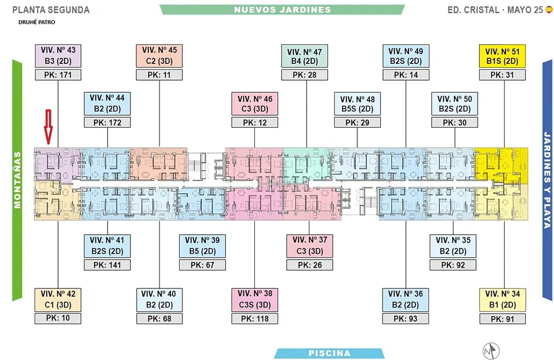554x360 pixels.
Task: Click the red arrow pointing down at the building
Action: point(48,127)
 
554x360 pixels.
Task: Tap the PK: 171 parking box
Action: point(57,75)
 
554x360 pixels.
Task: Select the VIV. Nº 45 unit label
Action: point(159,55)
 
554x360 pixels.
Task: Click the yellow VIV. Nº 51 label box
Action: point(502,56)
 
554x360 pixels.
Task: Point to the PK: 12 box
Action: point(255,123)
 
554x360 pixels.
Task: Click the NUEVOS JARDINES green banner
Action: point(282,10)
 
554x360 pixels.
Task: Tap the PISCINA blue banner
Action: point(329,354)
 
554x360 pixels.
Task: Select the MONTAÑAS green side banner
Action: point(17,180)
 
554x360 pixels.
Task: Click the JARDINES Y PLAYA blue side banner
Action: point(547,180)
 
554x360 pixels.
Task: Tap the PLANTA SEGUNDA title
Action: point(51,10)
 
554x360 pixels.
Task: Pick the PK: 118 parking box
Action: point(255,318)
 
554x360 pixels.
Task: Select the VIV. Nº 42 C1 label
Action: point(57,299)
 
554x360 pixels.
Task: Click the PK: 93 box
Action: point(405,318)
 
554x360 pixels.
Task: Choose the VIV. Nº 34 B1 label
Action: point(502,299)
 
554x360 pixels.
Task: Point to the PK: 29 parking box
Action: point(357,123)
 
